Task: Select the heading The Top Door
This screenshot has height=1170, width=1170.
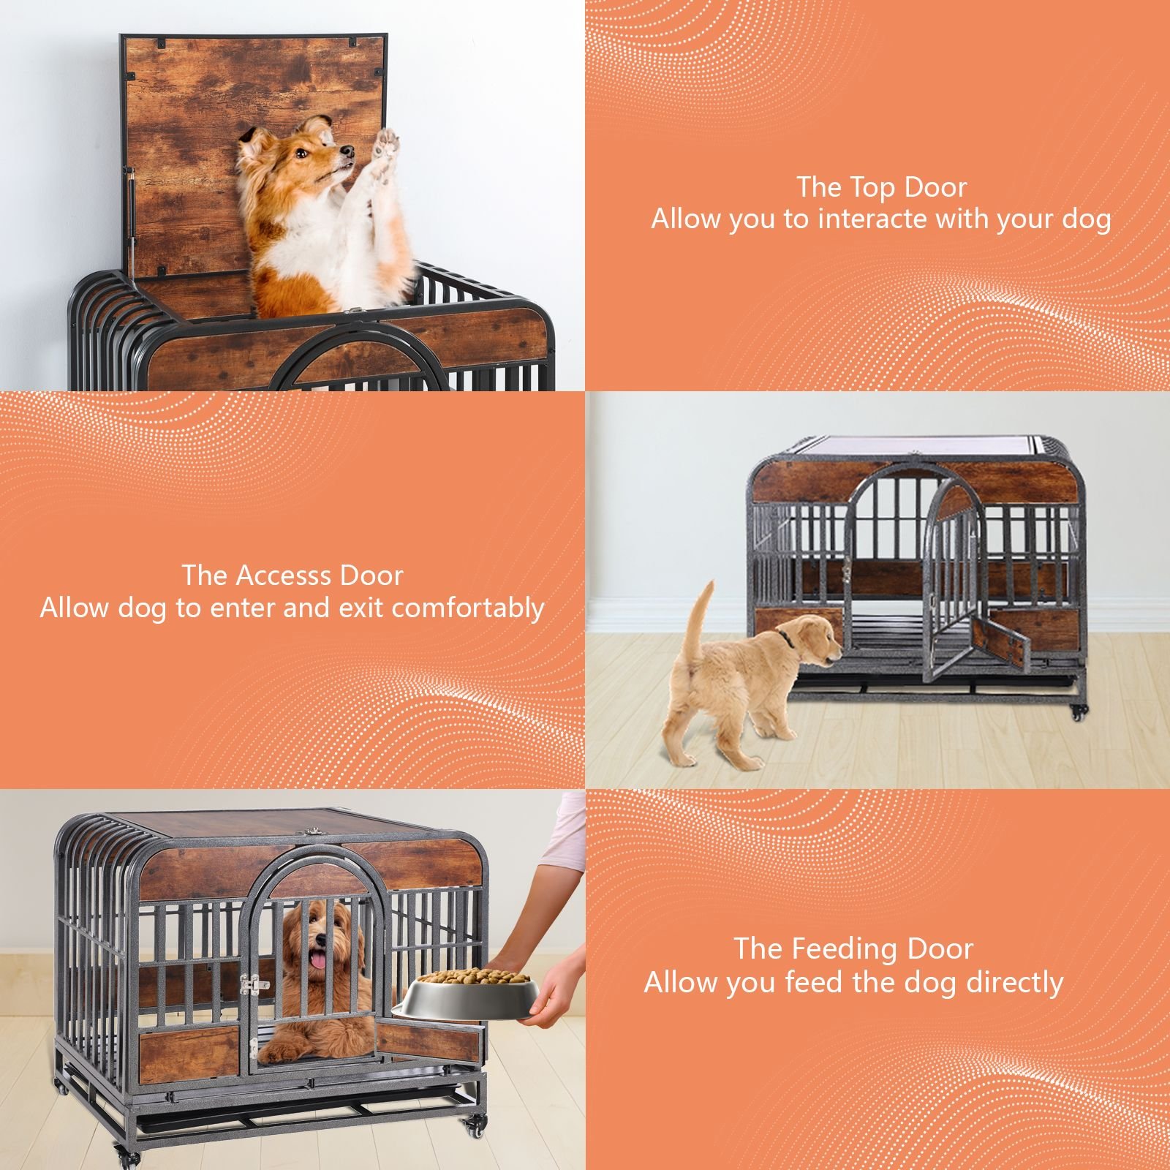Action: click(x=881, y=187)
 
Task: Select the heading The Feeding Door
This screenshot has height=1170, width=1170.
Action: click(x=853, y=949)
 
